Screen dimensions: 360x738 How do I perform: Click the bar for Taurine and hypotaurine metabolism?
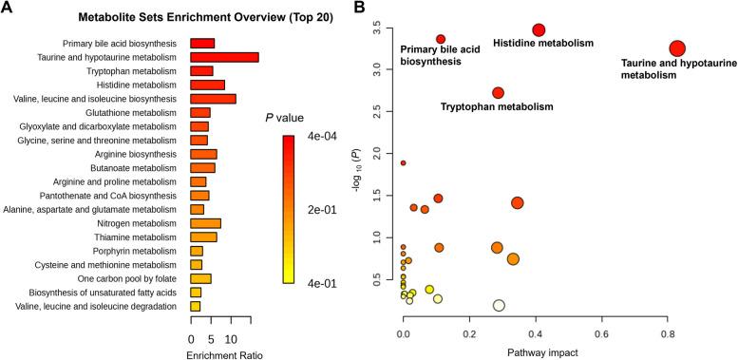pyautogui.click(x=224, y=57)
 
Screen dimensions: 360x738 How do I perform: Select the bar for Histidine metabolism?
pyautogui.click(x=207, y=85)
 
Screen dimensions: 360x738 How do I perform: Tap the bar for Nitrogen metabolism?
pyautogui.click(x=205, y=223)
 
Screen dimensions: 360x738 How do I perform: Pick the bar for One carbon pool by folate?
pyautogui.click(x=200, y=278)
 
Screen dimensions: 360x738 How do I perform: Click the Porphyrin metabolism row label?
pyautogui.click(x=142, y=251)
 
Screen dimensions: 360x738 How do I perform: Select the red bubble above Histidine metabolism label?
pyautogui.click(x=539, y=30)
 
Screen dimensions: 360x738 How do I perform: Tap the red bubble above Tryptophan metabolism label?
pyautogui.click(x=498, y=92)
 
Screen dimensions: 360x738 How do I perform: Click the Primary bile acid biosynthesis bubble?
pyautogui.click(x=441, y=39)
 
